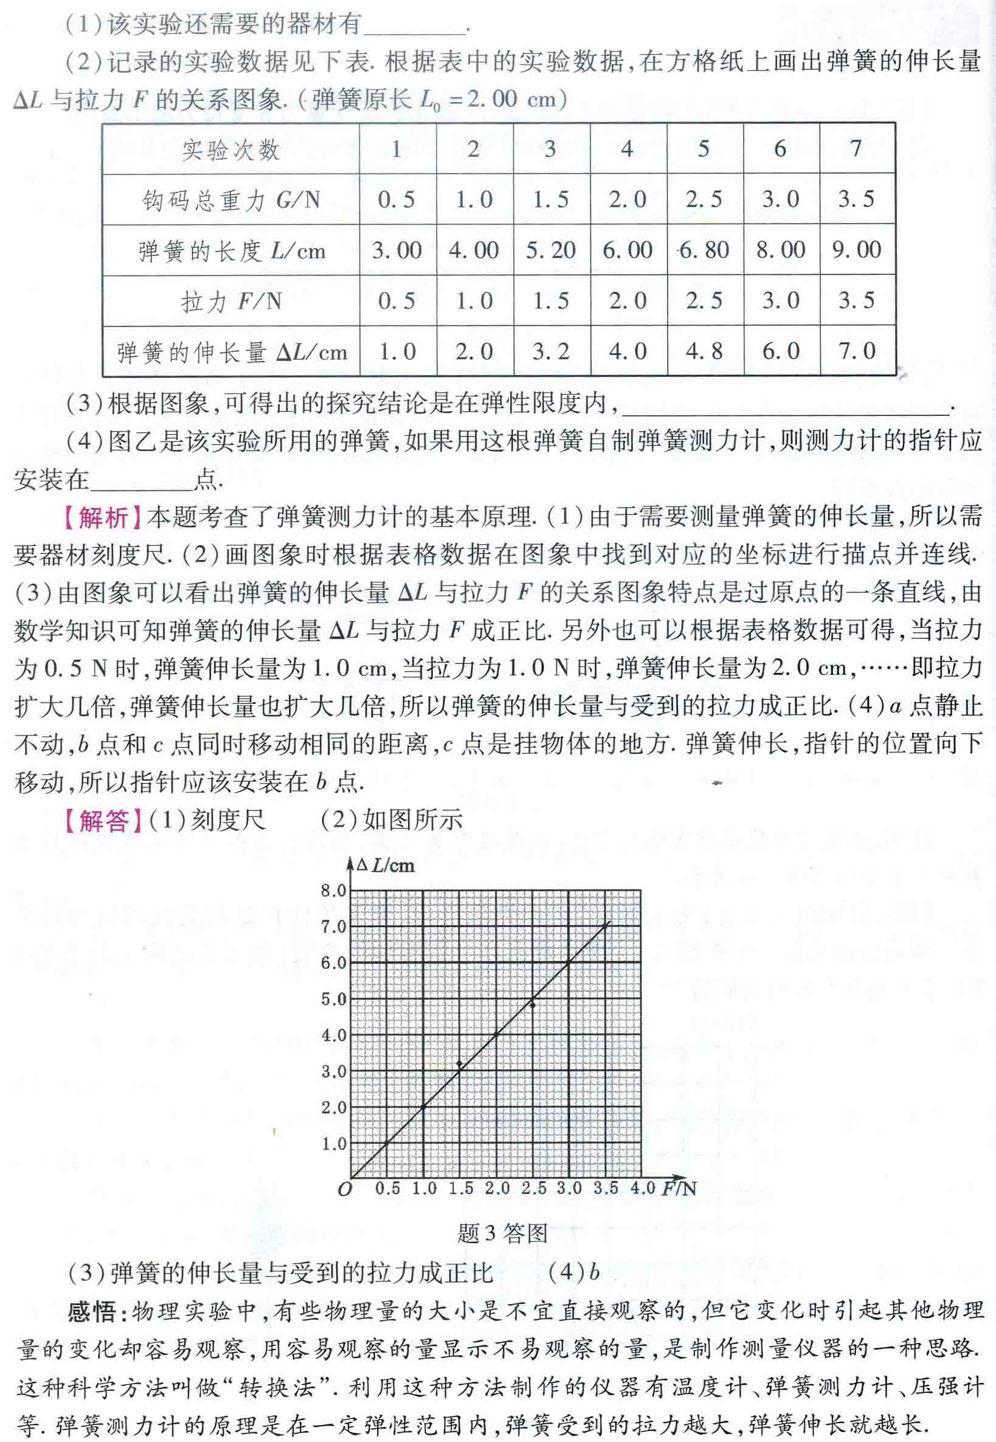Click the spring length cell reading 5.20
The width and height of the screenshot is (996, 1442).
point(550,250)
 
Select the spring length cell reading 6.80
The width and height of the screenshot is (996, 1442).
point(704,250)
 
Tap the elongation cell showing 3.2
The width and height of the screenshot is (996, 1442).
point(550,351)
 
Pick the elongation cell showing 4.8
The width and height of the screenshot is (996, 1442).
point(704,351)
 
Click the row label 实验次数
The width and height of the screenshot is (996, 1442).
point(230,150)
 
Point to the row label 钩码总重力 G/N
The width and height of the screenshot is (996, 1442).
point(230,200)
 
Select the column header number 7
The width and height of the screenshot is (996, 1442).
point(856,148)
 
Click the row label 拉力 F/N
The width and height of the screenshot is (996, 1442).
point(230,302)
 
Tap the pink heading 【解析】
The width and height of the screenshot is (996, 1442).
point(103,517)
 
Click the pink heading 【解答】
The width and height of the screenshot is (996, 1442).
point(103,820)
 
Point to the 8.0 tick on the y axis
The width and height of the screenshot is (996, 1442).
point(333,891)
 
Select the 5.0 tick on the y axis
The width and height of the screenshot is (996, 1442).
point(333,999)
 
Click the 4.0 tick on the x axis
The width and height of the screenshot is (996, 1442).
point(642,1188)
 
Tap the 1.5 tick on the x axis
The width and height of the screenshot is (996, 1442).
point(460,1188)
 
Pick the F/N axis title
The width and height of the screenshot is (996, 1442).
point(679,1188)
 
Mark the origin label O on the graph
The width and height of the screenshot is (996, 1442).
point(345,1189)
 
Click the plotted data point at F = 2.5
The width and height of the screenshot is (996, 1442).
point(532,1004)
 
